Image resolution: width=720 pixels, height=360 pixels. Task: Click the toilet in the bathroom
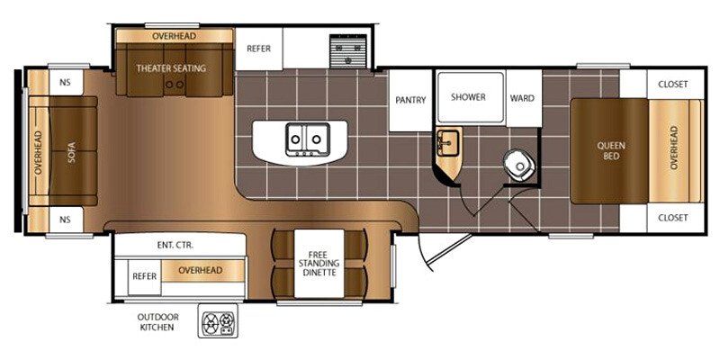click(x=519, y=166)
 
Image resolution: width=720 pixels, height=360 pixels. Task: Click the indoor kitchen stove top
click(x=348, y=51)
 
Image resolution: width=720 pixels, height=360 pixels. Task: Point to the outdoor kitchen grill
click(x=218, y=320)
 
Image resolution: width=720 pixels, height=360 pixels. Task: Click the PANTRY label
click(x=410, y=100)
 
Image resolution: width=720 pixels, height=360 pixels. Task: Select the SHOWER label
click(x=468, y=97)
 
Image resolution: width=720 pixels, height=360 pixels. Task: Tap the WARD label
click(x=522, y=98)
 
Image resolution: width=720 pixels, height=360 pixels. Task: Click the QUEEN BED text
click(x=611, y=151)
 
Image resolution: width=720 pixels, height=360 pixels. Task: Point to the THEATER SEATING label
click(x=171, y=68)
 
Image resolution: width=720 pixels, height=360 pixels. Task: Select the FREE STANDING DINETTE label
click(x=319, y=264)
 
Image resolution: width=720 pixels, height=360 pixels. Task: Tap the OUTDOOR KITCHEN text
click(x=157, y=322)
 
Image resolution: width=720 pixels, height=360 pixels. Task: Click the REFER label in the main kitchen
click(x=258, y=49)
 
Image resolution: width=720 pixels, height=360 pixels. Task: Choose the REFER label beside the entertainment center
click(x=144, y=276)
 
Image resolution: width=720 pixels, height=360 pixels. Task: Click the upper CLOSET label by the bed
click(x=672, y=85)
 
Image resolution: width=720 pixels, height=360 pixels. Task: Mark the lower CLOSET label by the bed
click(x=672, y=218)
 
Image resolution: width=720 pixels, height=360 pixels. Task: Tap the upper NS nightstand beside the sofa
click(x=66, y=83)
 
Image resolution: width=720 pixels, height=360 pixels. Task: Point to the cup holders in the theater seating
click(x=175, y=85)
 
